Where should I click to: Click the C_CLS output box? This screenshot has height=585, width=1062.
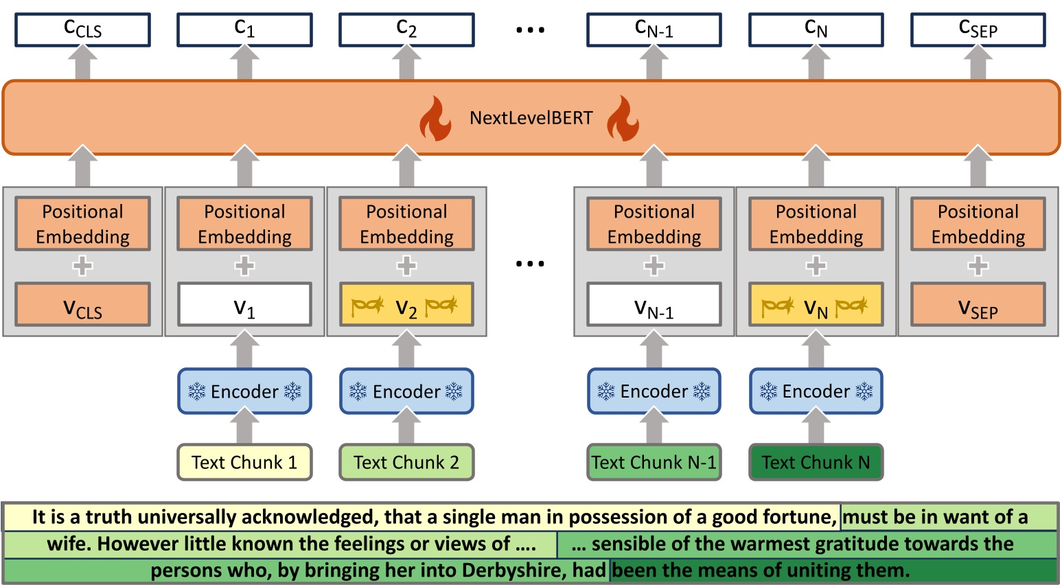pos(82,30)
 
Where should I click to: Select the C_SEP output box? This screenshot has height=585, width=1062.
pos(978,30)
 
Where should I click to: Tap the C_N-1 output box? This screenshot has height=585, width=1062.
pos(654,30)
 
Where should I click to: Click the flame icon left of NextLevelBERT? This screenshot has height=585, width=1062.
pos(436,118)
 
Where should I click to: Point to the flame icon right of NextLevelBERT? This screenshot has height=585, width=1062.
pos(623,118)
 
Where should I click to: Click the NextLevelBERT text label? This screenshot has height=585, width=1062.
pos(531,118)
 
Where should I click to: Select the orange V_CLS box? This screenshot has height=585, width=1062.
pos(82,304)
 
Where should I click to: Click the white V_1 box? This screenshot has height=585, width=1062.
pos(244,304)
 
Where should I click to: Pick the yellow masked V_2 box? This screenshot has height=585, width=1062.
pos(406,304)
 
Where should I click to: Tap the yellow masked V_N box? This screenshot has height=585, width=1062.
pos(816,304)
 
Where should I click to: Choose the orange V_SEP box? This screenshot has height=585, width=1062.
pos(978,304)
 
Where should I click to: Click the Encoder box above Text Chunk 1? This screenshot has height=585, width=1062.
pos(244,391)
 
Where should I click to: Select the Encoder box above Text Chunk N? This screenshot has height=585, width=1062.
pos(816,391)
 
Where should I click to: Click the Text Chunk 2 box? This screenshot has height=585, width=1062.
pos(406,462)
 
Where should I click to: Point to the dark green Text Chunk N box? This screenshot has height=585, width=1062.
pos(816,462)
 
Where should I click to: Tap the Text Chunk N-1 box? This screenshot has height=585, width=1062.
pos(654,462)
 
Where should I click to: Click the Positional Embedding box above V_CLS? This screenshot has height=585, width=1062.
pos(82,224)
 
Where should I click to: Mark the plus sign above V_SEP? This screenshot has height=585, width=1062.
pos(978,266)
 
